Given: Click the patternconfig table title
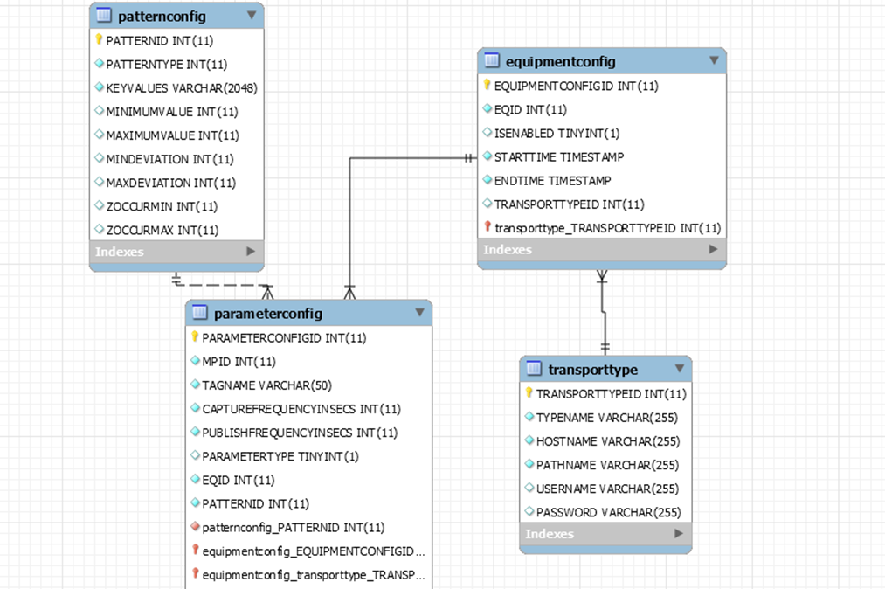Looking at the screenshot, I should pyautogui.click(x=162, y=16).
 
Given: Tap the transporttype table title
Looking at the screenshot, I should pyautogui.click(x=592, y=369).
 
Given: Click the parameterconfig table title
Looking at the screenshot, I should pyautogui.click(x=267, y=313).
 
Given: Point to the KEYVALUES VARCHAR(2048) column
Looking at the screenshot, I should pyautogui.click(x=182, y=87).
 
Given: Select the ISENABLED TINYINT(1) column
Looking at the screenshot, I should pyautogui.click(x=557, y=133).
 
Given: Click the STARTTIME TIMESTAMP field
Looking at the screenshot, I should pyautogui.click(x=558, y=157).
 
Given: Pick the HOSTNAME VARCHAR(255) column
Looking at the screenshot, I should pyautogui.click(x=607, y=441).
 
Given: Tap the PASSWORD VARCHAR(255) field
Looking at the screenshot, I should pyautogui.click(x=608, y=512).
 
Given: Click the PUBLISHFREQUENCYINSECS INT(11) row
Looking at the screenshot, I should pyautogui.click(x=300, y=433).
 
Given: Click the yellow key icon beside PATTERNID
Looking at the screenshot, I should pyautogui.click(x=99, y=40).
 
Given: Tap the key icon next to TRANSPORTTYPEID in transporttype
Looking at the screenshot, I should pyautogui.click(x=529, y=394).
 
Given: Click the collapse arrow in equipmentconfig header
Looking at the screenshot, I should pyautogui.click(x=713, y=61).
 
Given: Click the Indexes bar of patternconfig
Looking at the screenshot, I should pyautogui.click(x=176, y=252).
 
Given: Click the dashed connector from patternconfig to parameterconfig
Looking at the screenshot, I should pyautogui.click(x=223, y=285).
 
